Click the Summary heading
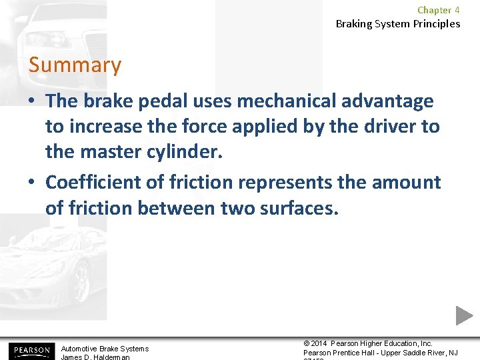click(75, 65)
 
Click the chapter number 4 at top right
click(457, 10)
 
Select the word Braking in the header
click(355, 24)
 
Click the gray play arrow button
click(464, 315)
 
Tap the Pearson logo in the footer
click(31, 351)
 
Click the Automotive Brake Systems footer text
click(105, 349)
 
